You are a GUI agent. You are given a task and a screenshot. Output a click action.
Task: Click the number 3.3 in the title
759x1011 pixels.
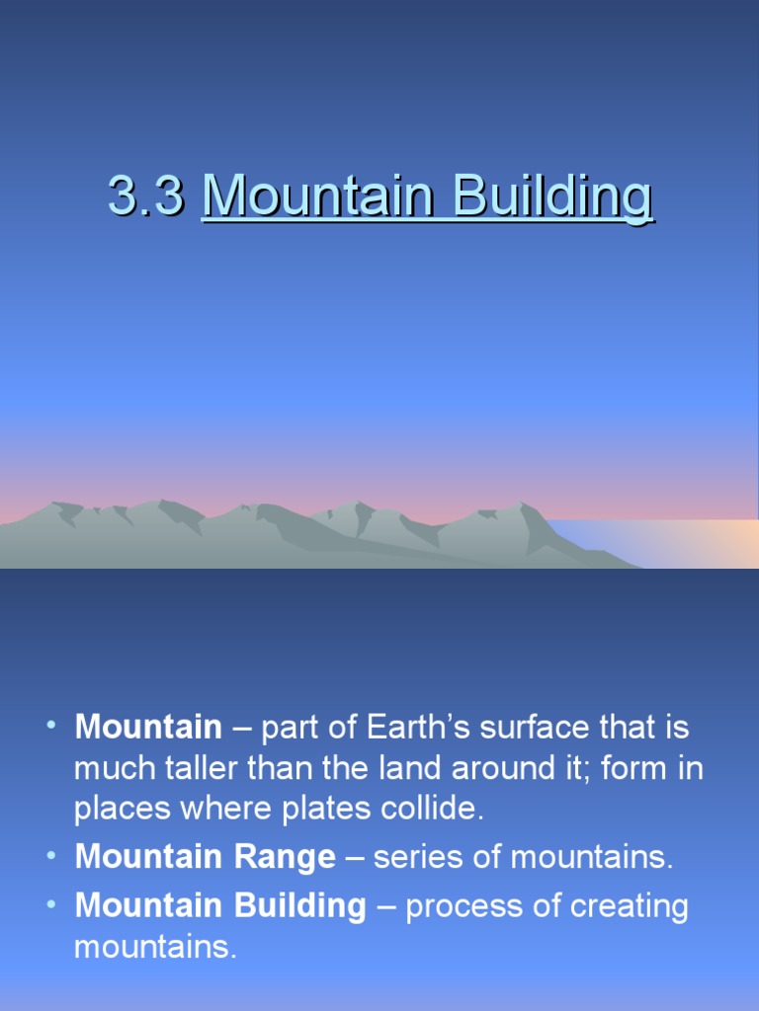click(145, 197)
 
